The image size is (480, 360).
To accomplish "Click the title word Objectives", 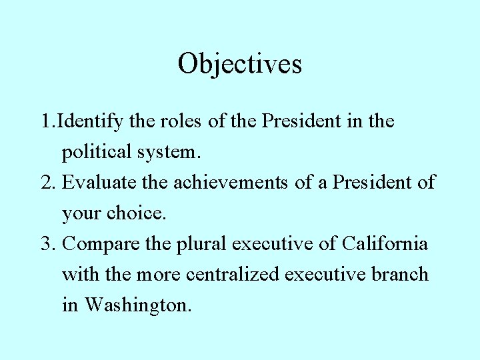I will pos(239,64).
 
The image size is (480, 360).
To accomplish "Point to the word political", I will pos(97,152).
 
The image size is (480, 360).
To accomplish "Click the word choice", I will pos(141,213).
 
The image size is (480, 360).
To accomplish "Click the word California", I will pos(385,244).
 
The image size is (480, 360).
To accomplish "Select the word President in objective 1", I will pos(302,122).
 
